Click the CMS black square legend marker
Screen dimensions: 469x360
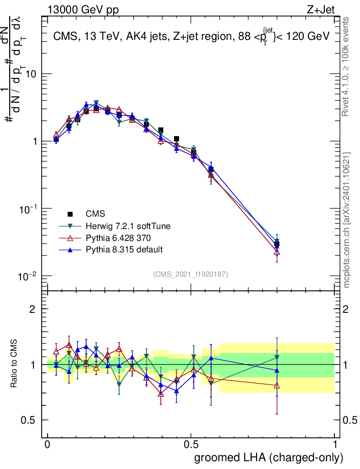tap(71, 214)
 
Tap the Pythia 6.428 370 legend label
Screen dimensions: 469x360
tap(119, 238)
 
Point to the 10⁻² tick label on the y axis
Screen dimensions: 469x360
tap(27, 276)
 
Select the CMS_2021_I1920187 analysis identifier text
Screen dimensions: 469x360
tap(191, 274)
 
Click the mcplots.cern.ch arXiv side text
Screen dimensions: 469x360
tap(348, 220)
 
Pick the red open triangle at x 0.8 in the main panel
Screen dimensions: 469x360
tap(277, 251)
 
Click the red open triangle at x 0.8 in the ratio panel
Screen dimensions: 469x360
tap(277, 386)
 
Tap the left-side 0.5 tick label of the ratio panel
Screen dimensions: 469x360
tap(29, 420)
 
